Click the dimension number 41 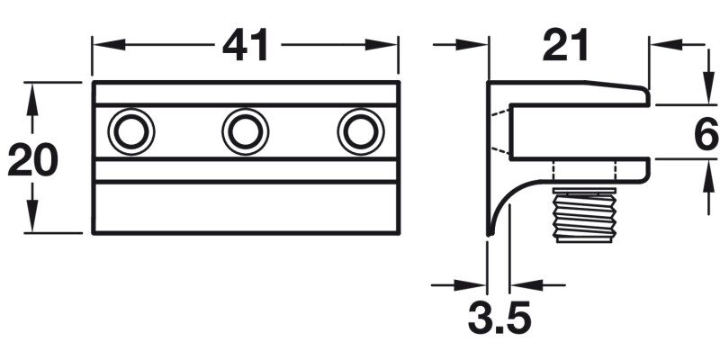246,44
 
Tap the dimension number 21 566,44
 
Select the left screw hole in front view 131,132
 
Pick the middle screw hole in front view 245,132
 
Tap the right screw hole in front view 360,132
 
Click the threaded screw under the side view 584,216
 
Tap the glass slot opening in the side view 576,132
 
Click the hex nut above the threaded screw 584,172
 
